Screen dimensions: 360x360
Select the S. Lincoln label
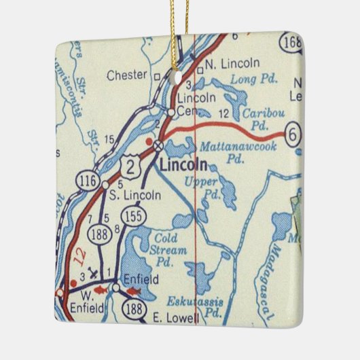point(135,195)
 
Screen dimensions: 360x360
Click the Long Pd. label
point(245,79)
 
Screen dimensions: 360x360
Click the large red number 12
point(83,255)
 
